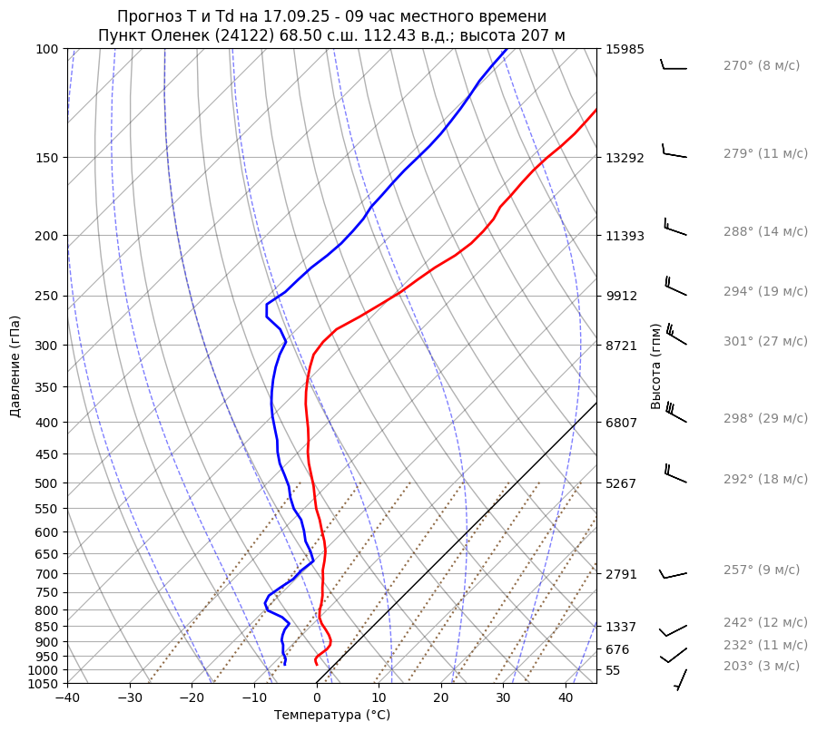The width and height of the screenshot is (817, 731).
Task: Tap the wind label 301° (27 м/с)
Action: (764, 341)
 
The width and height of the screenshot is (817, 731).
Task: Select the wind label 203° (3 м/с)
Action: (761, 666)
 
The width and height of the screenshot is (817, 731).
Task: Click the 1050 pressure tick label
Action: (44, 684)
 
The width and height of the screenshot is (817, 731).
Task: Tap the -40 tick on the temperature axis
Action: (67, 698)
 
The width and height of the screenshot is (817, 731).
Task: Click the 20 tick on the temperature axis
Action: (441, 698)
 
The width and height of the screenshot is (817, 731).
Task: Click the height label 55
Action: (614, 669)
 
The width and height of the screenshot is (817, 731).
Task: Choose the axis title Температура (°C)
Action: (332, 715)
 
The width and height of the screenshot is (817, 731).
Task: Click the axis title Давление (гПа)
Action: (15, 366)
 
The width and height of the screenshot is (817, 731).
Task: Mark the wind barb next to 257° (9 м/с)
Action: (673, 573)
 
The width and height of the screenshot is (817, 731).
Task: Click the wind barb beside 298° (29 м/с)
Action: (675, 413)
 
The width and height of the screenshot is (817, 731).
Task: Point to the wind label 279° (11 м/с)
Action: (764, 153)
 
